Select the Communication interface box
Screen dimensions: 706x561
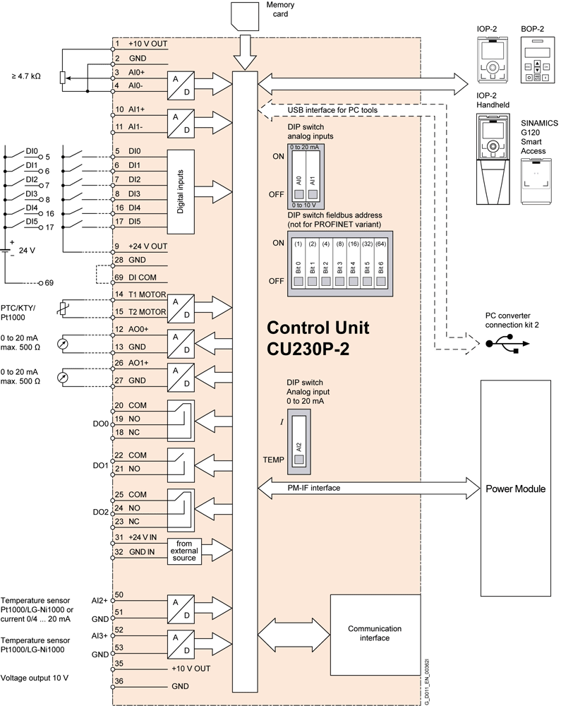click(375, 633)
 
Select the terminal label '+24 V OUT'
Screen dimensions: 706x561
click(147, 246)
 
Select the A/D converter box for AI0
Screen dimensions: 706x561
click(181, 85)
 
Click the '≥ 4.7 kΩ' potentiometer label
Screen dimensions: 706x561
click(25, 76)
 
